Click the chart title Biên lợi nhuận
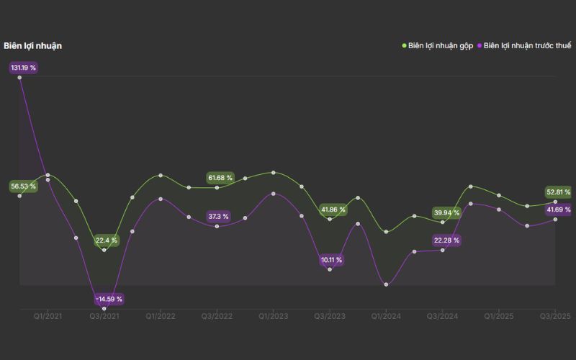tap(32, 46)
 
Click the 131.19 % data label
tap(23, 68)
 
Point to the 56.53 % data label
tap(23, 186)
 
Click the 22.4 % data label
tap(107, 240)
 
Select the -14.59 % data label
tap(109, 299)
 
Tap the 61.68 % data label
tap(220, 178)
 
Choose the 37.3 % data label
tap(218, 216)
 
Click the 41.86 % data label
tap(333, 210)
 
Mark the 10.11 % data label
tap(331, 260)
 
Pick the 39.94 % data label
tap(446, 212)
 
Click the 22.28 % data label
tap(446, 240)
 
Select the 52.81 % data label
tap(559, 192)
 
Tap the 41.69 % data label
tap(559, 210)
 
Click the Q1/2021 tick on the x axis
tap(48, 316)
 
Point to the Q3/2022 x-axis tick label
tap(217, 316)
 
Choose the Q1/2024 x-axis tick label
tap(386, 316)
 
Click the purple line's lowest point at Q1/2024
tap(387, 284)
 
